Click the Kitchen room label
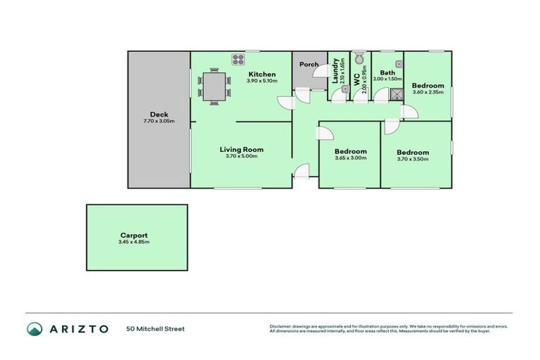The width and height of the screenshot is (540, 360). point(261,75)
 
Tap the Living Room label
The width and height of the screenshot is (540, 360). point(241,149)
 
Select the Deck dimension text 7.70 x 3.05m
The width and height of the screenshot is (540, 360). point(159,121)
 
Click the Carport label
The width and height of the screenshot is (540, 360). point(134,236)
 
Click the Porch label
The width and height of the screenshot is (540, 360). point(309,65)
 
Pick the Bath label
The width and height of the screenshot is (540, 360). point(387,72)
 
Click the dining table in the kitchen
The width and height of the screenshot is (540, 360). point(214,86)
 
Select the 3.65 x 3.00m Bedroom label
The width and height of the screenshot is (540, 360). point(350,151)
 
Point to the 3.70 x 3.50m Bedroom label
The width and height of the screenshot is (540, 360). point(412,152)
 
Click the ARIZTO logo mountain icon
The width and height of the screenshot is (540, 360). point(34,328)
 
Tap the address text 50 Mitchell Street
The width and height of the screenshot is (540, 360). point(155,328)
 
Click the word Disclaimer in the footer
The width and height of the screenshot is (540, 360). point(282,326)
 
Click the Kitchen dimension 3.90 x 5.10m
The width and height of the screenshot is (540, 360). point(262,82)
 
